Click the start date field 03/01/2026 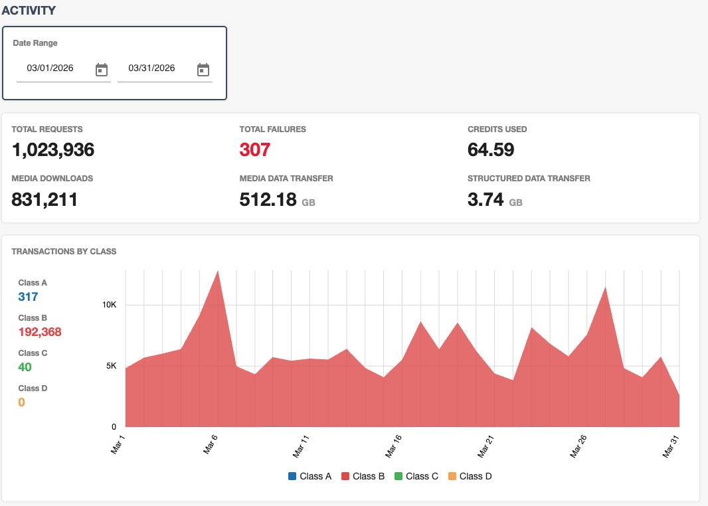(50, 68)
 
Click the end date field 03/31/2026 (152, 68)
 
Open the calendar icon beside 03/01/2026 (102, 70)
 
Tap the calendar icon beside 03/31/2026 (203, 70)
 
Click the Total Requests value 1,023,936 (53, 150)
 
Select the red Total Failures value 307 (255, 150)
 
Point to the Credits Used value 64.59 (491, 150)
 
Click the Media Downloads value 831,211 (44, 199)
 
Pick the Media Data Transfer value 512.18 (268, 199)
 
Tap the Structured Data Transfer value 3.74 (486, 199)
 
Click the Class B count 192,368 (40, 332)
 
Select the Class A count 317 (28, 297)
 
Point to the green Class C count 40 (25, 367)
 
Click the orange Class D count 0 (21, 402)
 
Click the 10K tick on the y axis (109, 305)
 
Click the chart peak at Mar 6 (218, 272)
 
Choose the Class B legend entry (363, 476)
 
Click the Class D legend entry (470, 476)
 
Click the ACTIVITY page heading (29, 11)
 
